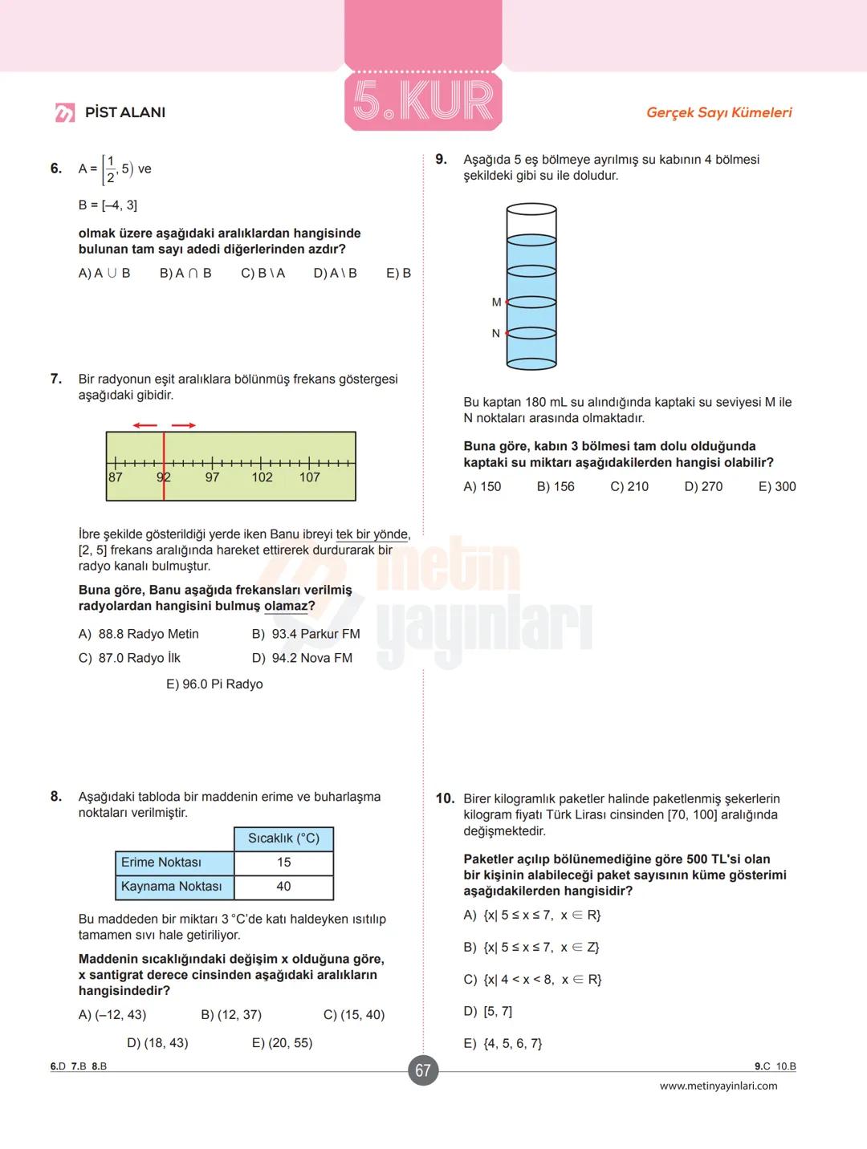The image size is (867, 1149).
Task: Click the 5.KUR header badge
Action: click(x=423, y=100)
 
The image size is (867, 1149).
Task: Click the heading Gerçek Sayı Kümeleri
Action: click(x=718, y=112)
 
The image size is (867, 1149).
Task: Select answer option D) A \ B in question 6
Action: click(x=335, y=273)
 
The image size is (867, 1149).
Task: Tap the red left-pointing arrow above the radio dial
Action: click(x=145, y=425)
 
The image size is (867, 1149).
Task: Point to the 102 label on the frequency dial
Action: click(x=262, y=477)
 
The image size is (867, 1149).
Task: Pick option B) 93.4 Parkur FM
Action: click(x=306, y=634)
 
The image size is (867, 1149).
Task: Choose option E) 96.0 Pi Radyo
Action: click(x=214, y=684)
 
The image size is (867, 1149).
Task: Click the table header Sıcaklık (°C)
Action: click(x=283, y=838)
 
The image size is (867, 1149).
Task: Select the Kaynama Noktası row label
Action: click(x=172, y=887)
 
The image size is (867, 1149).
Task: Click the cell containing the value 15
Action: click(x=283, y=863)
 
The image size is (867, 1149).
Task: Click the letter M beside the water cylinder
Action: click(x=496, y=302)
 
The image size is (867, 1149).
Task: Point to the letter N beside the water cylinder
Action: click(x=495, y=334)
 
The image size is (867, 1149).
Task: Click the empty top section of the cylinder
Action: click(x=531, y=224)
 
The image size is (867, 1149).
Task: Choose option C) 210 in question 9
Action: click(x=629, y=486)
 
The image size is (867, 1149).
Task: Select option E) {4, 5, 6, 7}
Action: click(x=503, y=1043)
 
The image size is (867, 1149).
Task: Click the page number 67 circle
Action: click(x=423, y=1070)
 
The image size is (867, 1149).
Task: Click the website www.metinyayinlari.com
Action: click(x=718, y=1086)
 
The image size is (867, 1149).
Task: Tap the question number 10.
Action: click(x=445, y=798)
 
